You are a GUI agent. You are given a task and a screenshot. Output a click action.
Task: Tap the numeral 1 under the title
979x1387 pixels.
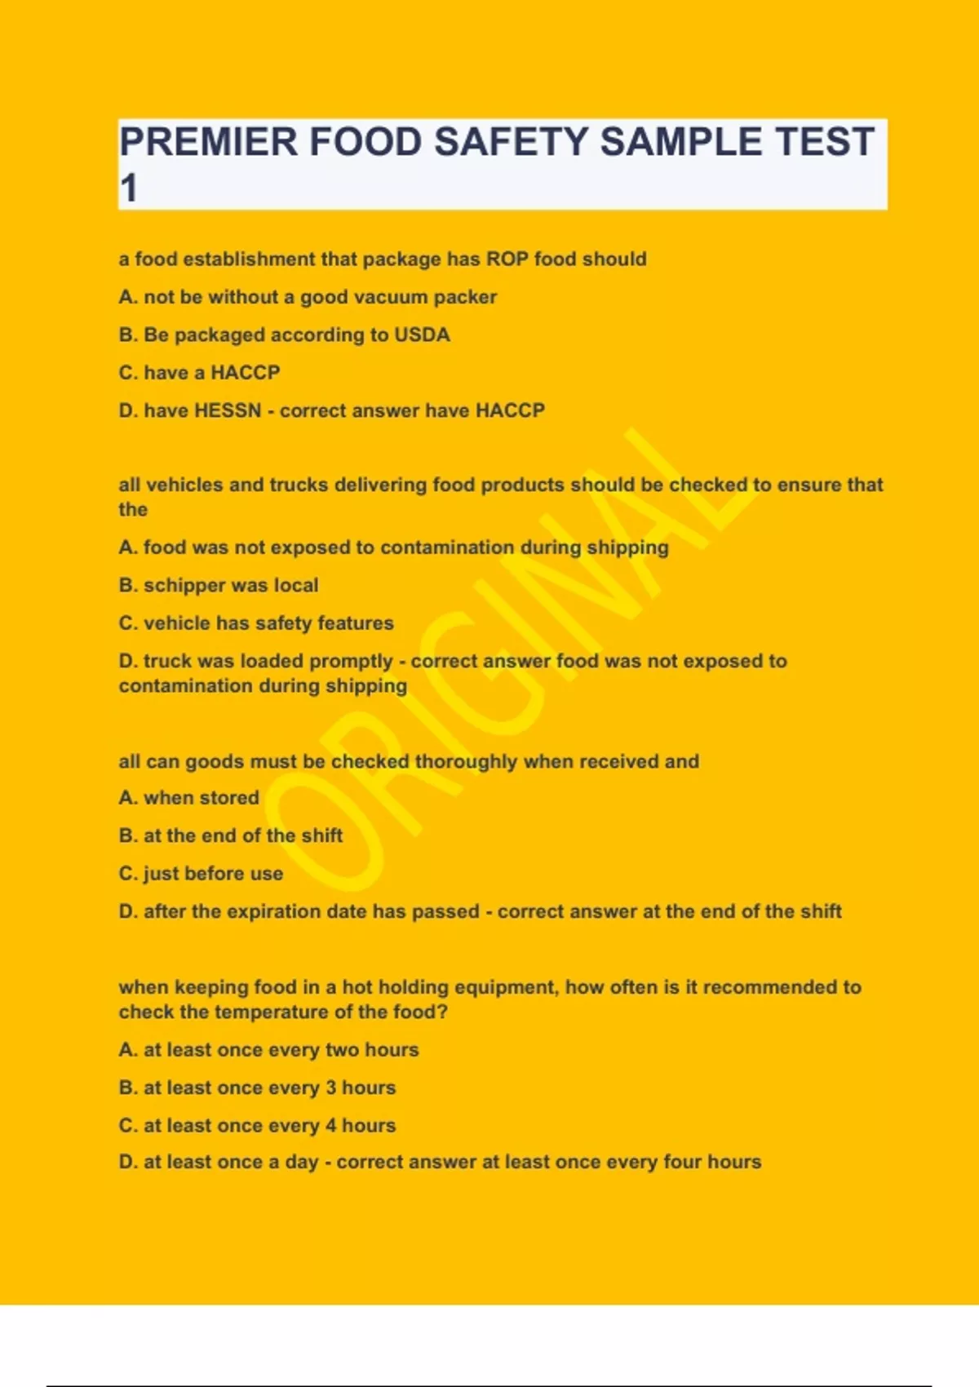[x=129, y=188]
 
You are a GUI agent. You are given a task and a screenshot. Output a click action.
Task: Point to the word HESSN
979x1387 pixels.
[x=228, y=410]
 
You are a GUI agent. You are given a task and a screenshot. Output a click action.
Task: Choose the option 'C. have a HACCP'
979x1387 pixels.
[x=199, y=373]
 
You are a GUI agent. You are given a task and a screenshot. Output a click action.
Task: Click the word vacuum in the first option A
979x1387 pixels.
[x=391, y=297]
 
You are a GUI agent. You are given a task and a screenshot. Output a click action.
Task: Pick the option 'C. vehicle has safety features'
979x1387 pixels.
[x=256, y=623]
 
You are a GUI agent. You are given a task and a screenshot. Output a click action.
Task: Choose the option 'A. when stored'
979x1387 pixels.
[x=188, y=798]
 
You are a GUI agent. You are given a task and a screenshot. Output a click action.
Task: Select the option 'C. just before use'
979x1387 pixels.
[x=201, y=874]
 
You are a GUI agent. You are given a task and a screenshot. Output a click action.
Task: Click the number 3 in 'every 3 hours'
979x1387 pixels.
[x=330, y=1088]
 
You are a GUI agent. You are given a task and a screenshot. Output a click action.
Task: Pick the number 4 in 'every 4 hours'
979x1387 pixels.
[x=330, y=1126]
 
